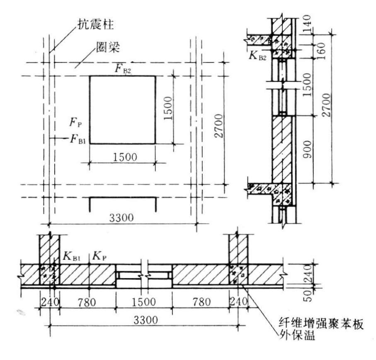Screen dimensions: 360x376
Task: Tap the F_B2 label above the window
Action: pyautogui.click(x=123, y=68)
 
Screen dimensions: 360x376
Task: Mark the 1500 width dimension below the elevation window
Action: pyautogui.click(x=123, y=158)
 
